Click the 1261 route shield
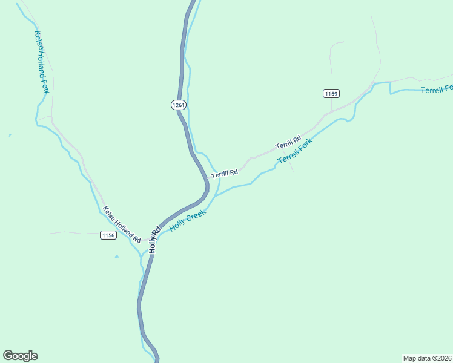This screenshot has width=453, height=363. coord(178,105)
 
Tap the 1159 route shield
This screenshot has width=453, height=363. coord(331,93)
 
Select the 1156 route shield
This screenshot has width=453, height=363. coord(108,235)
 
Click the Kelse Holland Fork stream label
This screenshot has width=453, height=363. coord(41,62)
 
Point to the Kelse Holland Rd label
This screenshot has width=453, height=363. coord(122,224)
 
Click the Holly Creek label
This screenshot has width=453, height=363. coord(188,220)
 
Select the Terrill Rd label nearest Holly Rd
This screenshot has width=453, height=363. coord(224,174)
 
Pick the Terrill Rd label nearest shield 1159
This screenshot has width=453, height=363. coord(288,143)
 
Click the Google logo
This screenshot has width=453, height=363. coord(20,356)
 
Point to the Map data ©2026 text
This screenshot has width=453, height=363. coord(428,358)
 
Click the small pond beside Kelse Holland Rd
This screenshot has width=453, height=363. coord(117,257)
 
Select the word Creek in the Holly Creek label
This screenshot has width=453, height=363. coord(196,215)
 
